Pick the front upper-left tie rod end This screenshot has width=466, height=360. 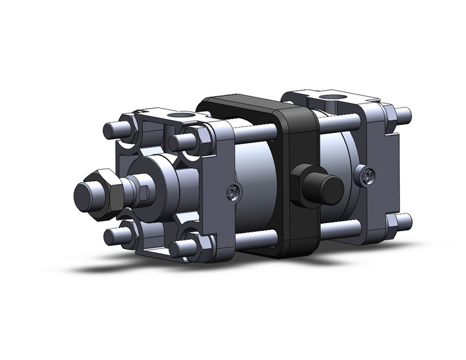[x=112, y=131]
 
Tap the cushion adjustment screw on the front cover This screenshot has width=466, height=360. [x=231, y=193]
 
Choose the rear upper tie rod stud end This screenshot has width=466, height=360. [x=403, y=114]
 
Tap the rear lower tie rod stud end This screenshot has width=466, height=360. [x=403, y=220]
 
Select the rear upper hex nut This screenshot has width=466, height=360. [x=388, y=113]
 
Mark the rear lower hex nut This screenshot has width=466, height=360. [x=390, y=221]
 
